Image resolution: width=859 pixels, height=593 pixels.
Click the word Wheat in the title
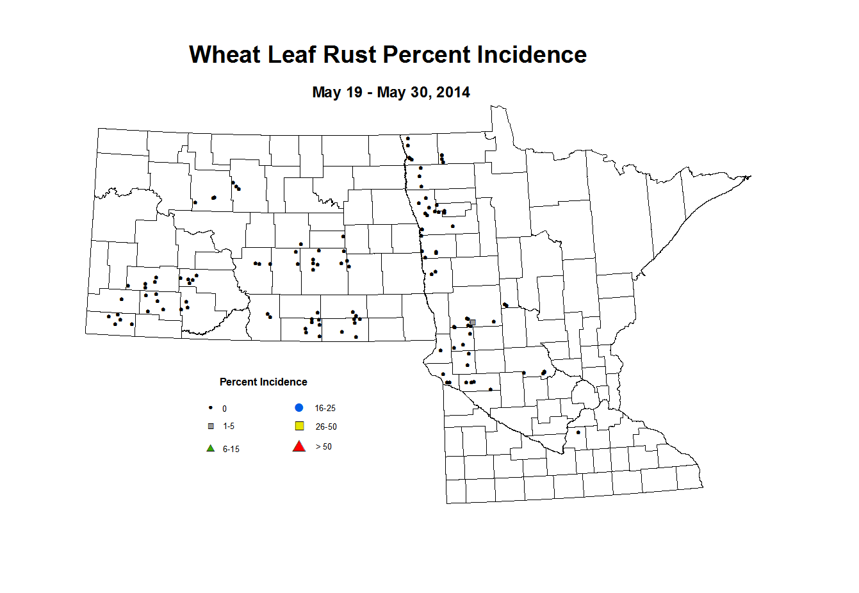pos(225,55)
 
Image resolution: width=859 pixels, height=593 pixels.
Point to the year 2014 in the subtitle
pos(454,92)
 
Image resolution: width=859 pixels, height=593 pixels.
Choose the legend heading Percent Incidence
pos(263,382)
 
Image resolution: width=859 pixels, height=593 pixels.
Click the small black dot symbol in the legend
pos(210,408)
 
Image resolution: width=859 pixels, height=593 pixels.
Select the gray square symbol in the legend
pos(211,426)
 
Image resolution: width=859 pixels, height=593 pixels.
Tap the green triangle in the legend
pos(210,448)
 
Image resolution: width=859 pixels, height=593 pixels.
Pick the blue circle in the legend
pos(299,408)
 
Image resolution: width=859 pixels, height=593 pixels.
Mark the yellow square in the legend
pos(299,426)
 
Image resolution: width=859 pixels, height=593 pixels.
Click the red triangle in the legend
pos(299,446)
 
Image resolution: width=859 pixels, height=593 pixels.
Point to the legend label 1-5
pos(229,426)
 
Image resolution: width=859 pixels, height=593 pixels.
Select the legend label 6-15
pos(231,450)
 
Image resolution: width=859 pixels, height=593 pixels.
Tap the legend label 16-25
pos(325,409)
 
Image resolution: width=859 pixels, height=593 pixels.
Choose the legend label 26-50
pos(326,427)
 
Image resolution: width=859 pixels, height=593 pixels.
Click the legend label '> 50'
pos(323,447)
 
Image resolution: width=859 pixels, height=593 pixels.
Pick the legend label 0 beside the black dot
pos(224,409)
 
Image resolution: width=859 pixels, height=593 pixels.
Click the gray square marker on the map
pos(473,323)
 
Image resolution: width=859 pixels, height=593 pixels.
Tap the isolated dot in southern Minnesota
pos(578,432)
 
